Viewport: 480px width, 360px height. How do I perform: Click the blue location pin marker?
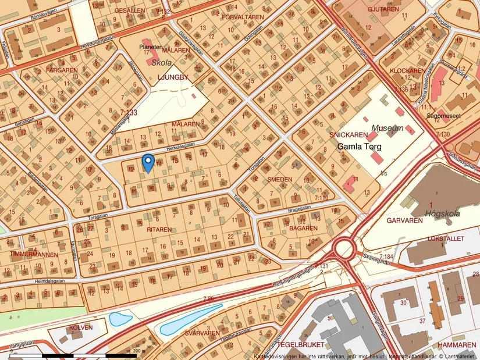148,162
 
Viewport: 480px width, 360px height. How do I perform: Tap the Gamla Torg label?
361,147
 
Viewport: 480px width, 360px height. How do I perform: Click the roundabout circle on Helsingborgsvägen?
344,249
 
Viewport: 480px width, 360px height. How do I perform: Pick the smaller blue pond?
118,319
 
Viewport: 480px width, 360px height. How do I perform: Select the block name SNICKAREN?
348,134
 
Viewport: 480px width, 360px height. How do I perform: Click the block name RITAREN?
159,230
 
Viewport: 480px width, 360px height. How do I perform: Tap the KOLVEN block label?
80,327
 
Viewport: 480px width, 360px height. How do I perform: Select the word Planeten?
151,45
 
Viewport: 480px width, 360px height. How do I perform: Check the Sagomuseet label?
459,116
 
